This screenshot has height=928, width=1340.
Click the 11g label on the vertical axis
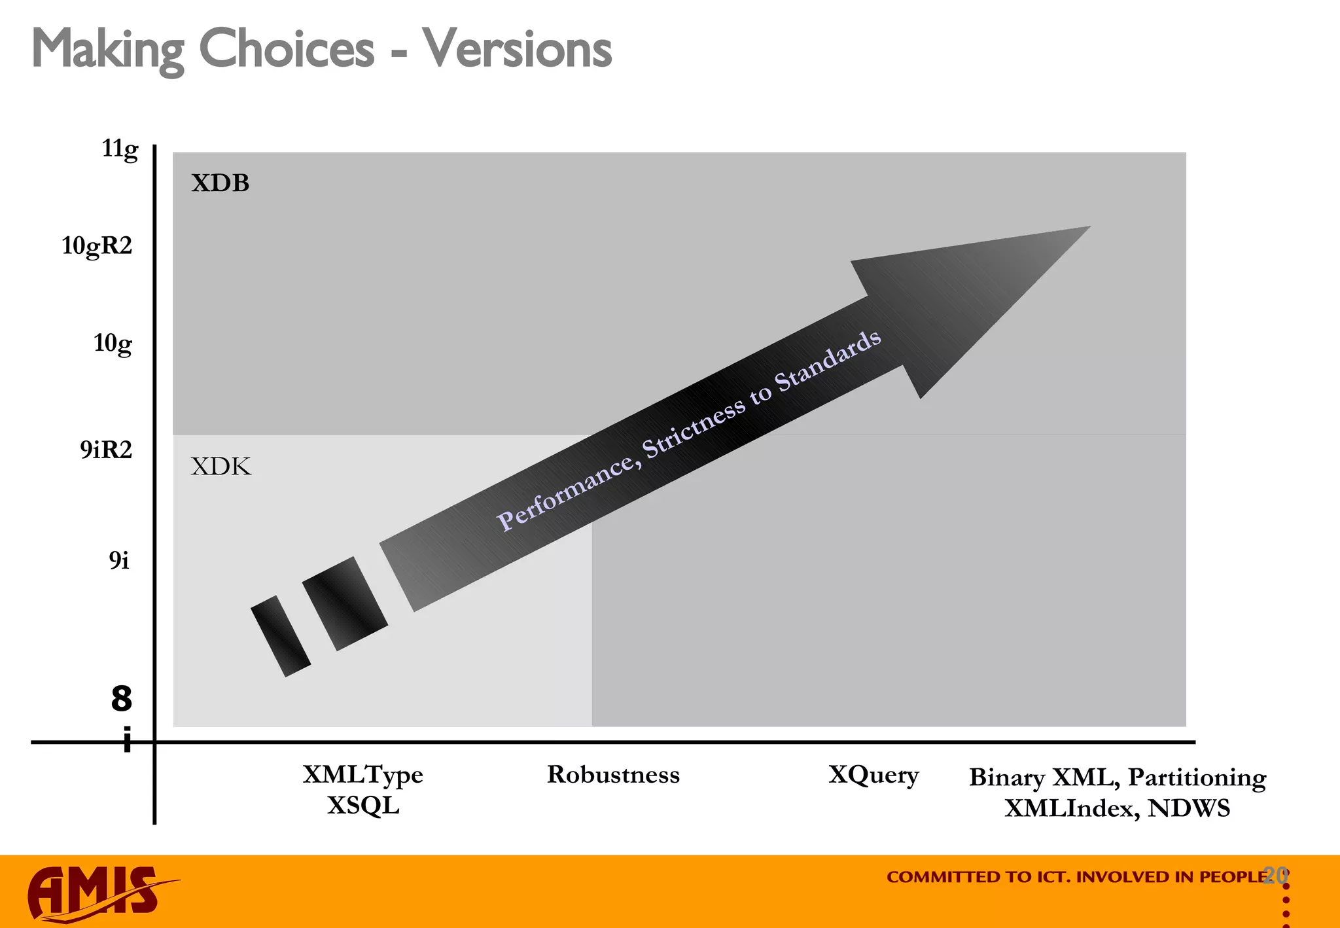[120, 149]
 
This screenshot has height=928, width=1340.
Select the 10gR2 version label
[97, 246]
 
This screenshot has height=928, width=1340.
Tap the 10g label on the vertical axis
[113, 343]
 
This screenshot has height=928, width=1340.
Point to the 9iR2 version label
[106, 450]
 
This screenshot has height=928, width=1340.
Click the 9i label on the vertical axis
[119, 561]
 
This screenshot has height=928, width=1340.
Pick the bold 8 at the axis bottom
[122, 699]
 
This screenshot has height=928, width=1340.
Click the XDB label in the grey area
[220, 183]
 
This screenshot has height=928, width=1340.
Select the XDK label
[220, 467]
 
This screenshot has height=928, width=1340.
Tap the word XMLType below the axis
[362, 775]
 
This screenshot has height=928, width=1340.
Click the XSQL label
[363, 806]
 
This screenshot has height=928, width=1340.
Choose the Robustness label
[613, 775]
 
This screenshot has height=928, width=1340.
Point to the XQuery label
[873, 776]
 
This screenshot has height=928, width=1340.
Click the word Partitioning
[1197, 778]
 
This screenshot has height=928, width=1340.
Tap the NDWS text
[1189, 809]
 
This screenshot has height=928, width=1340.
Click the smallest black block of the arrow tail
[280, 635]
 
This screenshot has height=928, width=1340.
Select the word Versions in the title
[517, 49]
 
